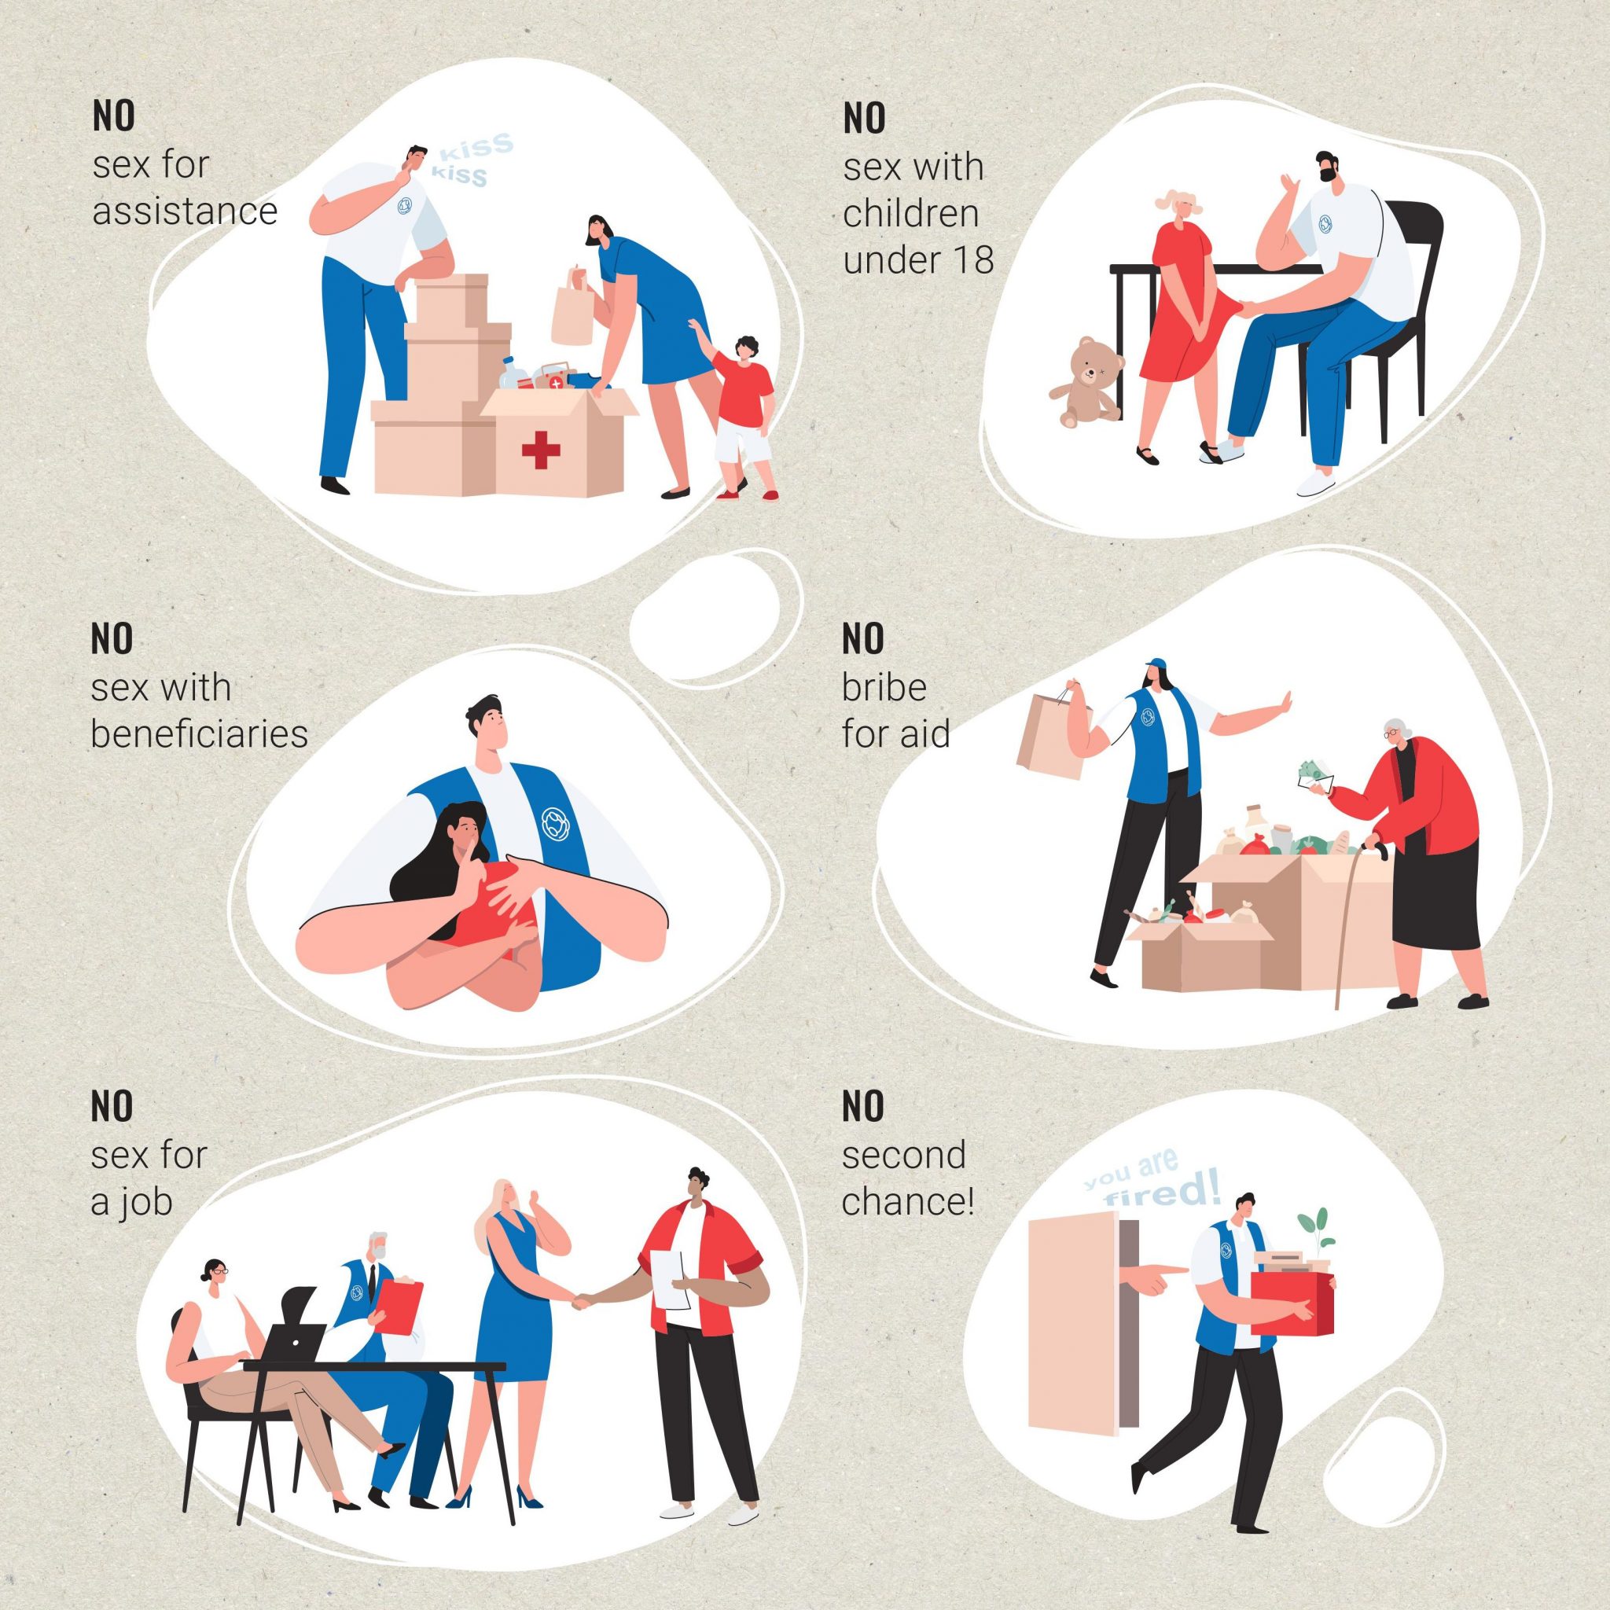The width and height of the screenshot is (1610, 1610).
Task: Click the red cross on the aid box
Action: (541, 452)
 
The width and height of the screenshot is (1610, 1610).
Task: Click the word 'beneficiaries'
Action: (199, 734)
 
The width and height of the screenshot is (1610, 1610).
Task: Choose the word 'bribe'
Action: (884, 688)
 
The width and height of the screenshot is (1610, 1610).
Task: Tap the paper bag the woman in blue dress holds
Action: (573, 306)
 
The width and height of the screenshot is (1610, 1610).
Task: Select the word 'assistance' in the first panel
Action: (184, 211)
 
